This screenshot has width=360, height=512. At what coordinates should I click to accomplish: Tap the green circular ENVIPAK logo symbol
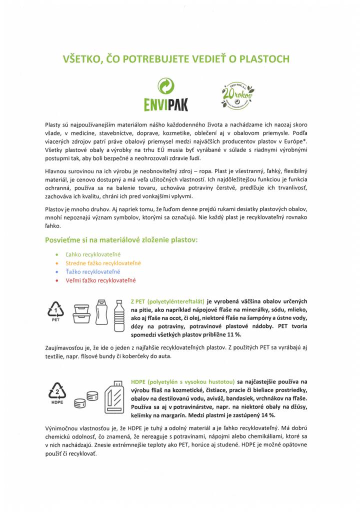166,87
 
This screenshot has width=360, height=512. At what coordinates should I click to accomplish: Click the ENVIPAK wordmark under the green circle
166,105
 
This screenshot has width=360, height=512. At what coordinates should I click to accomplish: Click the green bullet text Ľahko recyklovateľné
93,254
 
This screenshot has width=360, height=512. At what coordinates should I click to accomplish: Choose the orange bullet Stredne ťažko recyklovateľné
103,263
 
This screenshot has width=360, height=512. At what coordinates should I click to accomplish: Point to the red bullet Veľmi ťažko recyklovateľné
100,280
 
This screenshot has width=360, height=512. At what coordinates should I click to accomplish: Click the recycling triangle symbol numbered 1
56,311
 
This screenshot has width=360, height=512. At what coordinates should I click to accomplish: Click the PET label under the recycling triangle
56,320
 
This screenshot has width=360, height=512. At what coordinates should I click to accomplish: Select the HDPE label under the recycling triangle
56,401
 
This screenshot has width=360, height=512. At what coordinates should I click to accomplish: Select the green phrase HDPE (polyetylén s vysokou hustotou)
182,380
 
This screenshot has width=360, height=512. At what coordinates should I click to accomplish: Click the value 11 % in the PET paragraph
261,334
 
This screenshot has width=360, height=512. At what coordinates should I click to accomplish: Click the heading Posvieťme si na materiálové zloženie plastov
121,239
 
